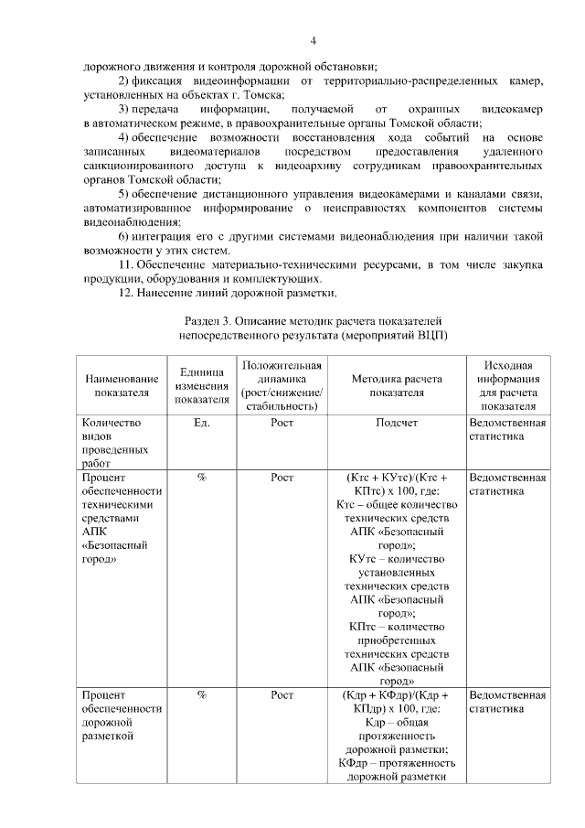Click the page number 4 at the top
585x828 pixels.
[x=313, y=41]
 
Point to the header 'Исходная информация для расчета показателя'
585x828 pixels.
[x=507, y=386]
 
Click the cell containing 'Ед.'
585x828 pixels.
[x=202, y=424]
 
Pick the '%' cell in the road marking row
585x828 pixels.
[x=202, y=695]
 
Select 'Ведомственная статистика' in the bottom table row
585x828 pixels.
[x=507, y=702]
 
